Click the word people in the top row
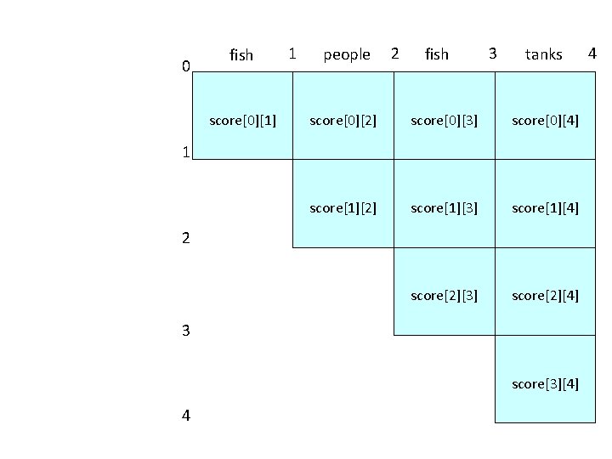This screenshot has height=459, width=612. tap(347, 55)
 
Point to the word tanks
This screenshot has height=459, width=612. tap(544, 55)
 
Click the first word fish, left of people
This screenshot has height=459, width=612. tap(241, 55)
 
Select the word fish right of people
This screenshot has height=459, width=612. tap(436, 55)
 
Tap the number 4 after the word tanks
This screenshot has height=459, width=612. tap(592, 54)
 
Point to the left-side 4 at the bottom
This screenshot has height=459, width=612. tap(185, 416)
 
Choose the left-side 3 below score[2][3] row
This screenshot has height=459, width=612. tap(185, 331)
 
